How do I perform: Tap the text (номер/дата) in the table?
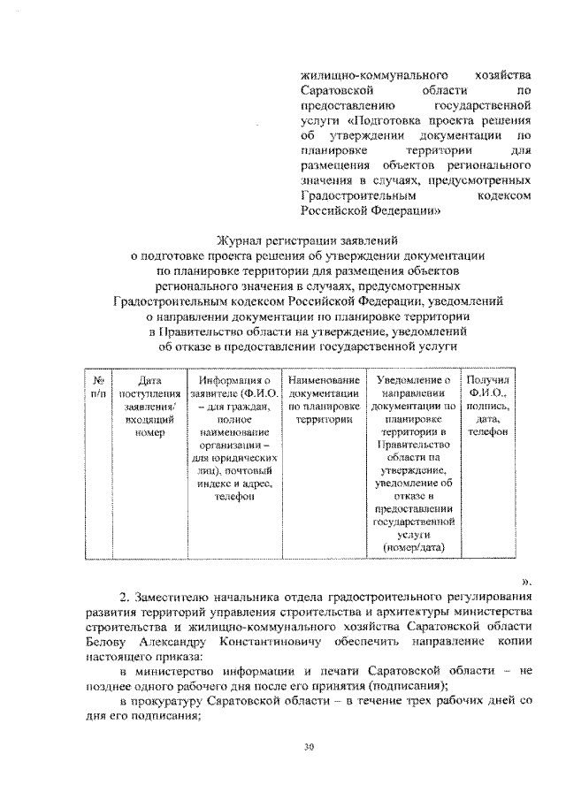[x=412, y=548]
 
